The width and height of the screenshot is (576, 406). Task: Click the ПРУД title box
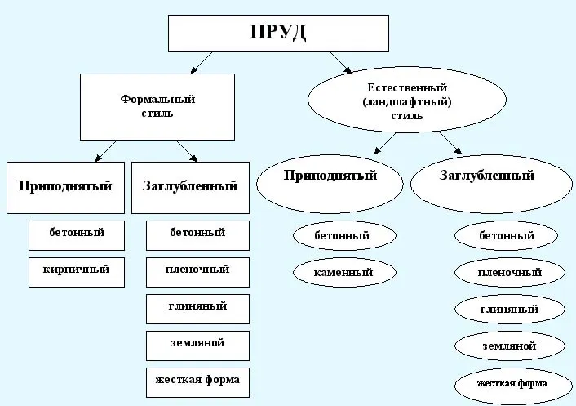coord(277,33)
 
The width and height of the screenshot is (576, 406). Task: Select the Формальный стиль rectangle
coord(157,106)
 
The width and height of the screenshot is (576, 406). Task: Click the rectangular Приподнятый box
coord(65,186)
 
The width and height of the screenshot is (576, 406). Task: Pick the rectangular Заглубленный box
coord(190,186)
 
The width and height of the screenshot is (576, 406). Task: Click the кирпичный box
coord(77,269)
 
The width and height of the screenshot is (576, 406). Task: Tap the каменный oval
coord(343,271)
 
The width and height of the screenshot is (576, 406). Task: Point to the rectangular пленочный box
coord(197,270)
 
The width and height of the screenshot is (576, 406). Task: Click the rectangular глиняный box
coord(197,307)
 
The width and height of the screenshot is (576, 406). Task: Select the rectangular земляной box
coord(197,344)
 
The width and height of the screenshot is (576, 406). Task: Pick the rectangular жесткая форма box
coord(197,381)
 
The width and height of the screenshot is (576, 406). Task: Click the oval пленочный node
coord(510,272)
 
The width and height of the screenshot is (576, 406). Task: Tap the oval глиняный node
coord(510,310)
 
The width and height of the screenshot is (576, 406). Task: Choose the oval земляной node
coord(510,346)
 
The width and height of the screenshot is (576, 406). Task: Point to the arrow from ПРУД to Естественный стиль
coord(341,63)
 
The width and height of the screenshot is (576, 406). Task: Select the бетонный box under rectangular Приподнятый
coord(78,234)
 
